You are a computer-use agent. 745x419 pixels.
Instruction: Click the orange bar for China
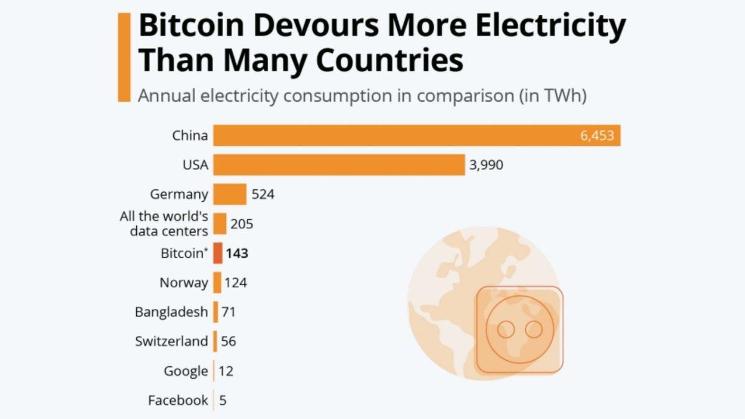tap(416, 135)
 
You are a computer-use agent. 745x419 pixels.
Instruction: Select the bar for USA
tap(338, 165)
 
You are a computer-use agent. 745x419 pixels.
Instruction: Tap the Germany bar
tap(230, 194)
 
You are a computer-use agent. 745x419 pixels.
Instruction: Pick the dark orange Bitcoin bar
tap(217, 253)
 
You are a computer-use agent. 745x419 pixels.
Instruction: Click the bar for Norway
tap(217, 282)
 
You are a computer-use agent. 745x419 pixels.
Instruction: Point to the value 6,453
tap(597, 136)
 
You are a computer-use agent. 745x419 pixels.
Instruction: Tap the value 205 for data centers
tap(242, 224)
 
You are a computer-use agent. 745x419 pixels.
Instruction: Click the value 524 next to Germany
tap(263, 194)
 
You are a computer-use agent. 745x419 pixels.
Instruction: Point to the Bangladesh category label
tap(171, 312)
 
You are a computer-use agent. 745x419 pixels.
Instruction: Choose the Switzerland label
tap(171, 341)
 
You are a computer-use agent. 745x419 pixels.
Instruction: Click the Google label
tap(186, 371)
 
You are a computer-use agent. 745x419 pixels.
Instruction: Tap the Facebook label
tap(178, 400)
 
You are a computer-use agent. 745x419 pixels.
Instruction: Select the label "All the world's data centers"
tap(164, 224)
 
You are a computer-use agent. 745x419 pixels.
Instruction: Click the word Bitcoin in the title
tap(199, 27)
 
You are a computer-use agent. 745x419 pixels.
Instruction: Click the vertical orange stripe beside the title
tap(124, 57)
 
